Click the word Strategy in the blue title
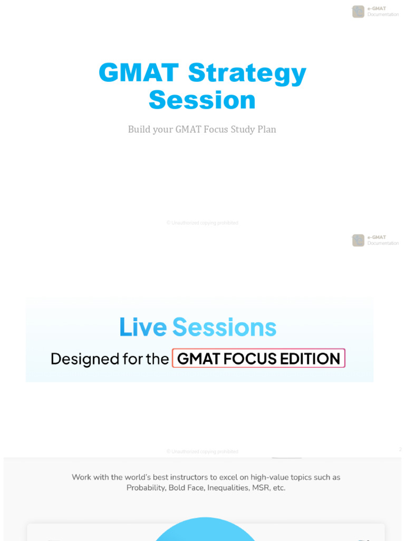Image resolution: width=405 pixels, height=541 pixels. [x=247, y=73]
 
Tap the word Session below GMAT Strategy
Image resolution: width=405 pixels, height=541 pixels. [x=202, y=100]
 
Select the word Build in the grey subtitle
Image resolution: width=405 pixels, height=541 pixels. [x=139, y=129]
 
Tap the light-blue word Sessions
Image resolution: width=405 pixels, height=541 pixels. [x=224, y=327]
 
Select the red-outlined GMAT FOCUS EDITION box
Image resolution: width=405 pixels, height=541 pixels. [x=258, y=359]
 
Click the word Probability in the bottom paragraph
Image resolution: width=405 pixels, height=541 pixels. [x=146, y=488]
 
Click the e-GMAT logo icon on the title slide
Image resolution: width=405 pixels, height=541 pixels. [x=359, y=12]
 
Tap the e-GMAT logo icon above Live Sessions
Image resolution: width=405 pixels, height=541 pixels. [x=359, y=240]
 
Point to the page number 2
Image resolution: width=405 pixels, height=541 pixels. [x=400, y=449]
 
